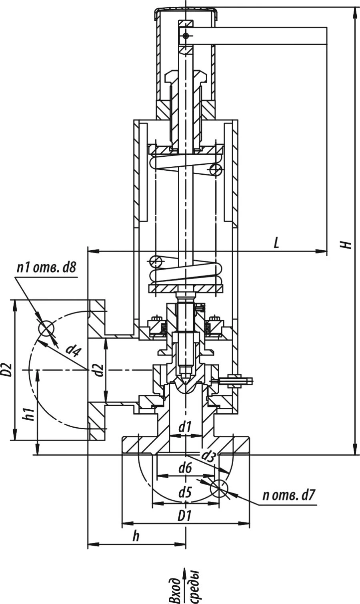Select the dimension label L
coord(276,243)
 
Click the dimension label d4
coord(73,351)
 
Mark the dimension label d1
coord(185,427)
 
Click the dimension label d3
coord(208,455)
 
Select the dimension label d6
coord(185,468)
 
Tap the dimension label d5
coord(185,493)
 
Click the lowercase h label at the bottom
coord(136,536)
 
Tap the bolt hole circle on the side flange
coord(46,329)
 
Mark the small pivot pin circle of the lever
coord(185,36)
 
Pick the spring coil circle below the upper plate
coord(216,170)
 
